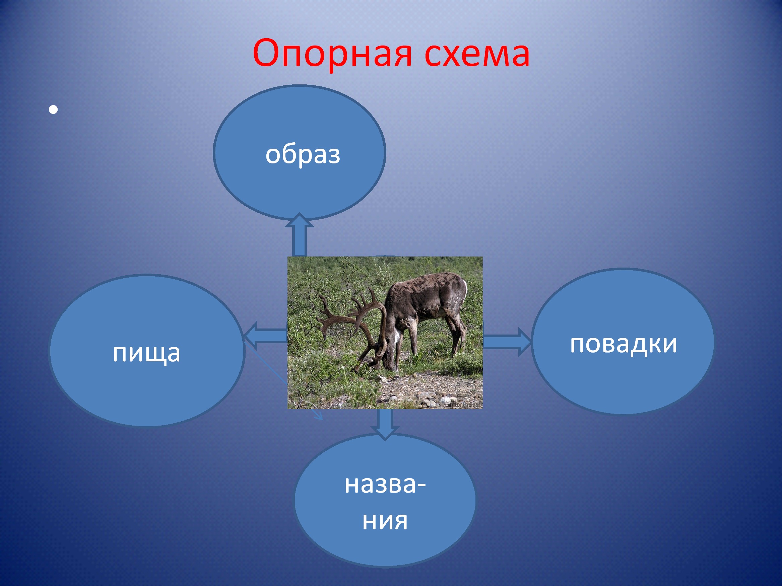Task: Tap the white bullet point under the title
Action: pyautogui.click(x=53, y=110)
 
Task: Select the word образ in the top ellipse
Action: pyautogui.click(x=303, y=154)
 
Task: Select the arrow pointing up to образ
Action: pyautogui.click(x=299, y=234)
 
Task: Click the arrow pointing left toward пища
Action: pyautogui.click(x=265, y=335)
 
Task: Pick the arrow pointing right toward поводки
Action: pyautogui.click(x=507, y=342)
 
